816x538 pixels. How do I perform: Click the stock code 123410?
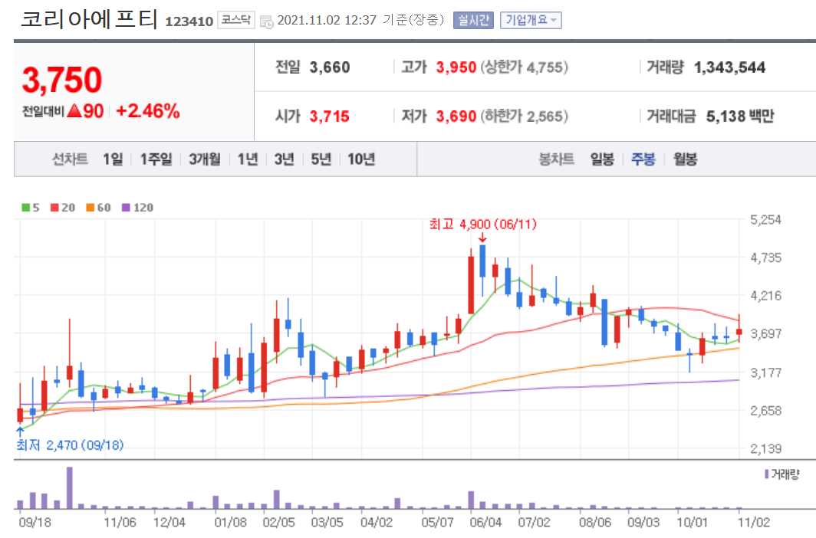[x=189, y=21]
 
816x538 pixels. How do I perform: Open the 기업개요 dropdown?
[x=531, y=21]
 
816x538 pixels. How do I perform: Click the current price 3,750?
[x=62, y=80]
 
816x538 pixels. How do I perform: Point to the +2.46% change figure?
[x=148, y=111]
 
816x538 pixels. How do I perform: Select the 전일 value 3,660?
[x=330, y=67]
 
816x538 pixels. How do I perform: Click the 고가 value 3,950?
[x=456, y=67]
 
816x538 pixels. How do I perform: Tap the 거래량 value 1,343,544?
[x=729, y=67]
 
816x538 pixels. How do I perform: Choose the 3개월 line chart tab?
[x=205, y=159]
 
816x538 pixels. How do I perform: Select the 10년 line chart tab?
[x=361, y=159]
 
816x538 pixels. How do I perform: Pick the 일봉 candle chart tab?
[x=602, y=159]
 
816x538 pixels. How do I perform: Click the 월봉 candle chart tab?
[x=685, y=159]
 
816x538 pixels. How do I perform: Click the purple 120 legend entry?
[x=137, y=208]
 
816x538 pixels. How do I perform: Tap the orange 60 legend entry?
[x=99, y=208]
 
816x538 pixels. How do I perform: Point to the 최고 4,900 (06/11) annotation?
[x=483, y=225]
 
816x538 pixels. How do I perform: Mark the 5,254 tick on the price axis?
[x=765, y=220]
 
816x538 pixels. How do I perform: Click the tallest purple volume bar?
[x=69, y=487]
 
